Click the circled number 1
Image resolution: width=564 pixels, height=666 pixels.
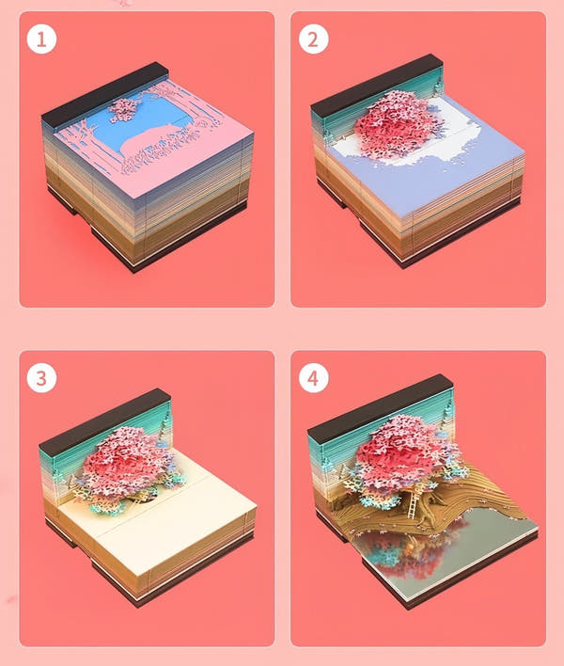(41, 40)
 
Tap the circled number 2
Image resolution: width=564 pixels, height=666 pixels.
(313, 40)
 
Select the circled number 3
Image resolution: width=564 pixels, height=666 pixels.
(41, 377)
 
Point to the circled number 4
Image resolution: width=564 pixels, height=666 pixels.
(313, 377)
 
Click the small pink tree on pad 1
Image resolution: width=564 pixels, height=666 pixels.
(123, 109)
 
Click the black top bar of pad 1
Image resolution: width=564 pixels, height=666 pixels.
(105, 94)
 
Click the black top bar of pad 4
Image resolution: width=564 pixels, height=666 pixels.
(380, 405)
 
